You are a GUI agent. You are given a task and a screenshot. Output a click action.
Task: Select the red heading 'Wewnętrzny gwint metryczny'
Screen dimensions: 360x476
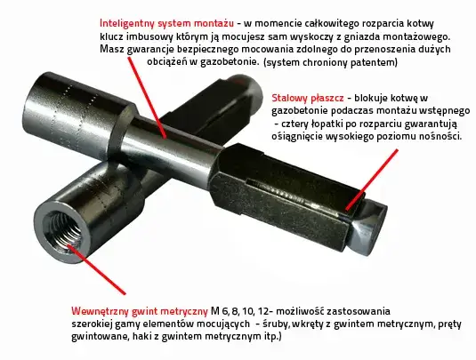[139, 311]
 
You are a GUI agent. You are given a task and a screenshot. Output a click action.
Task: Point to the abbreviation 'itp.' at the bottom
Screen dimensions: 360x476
[270, 338]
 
